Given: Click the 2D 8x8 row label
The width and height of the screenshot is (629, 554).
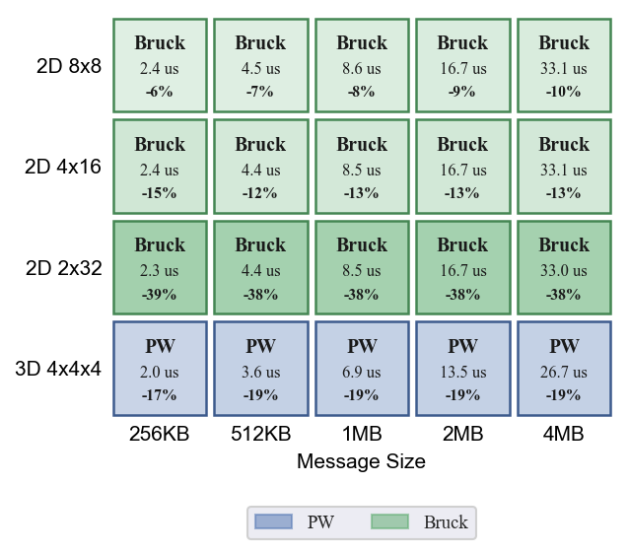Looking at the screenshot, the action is click(69, 66).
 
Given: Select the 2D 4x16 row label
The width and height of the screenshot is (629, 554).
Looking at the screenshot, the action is click(62, 167).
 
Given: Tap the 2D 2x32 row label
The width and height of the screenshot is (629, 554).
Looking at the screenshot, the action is click(63, 268).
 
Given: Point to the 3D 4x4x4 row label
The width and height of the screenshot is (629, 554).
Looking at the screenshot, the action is click(58, 369).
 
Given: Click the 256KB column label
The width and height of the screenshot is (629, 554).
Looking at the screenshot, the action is click(160, 434).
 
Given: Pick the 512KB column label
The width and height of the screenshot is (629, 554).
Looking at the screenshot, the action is click(260, 434).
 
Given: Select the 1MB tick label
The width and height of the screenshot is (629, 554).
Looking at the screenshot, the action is click(362, 434).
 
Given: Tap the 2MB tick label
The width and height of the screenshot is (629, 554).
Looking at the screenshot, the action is click(463, 434).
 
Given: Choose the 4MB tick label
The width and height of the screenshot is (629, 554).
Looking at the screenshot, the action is click(564, 434).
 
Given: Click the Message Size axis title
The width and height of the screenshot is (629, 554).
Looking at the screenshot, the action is click(361, 461).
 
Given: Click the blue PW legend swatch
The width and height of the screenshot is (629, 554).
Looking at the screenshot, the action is click(273, 521).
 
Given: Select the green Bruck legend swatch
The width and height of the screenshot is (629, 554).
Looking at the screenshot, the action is click(389, 521).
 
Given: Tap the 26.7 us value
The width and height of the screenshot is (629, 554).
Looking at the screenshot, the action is click(564, 373).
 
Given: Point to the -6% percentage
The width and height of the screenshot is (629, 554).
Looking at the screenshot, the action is click(160, 92).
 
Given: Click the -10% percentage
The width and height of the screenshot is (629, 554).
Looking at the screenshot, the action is click(563, 92).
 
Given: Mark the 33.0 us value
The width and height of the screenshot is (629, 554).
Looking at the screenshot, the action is click(564, 271).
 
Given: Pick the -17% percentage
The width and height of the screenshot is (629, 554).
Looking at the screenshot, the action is click(159, 395).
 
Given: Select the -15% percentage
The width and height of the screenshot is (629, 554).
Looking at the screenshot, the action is click(159, 193).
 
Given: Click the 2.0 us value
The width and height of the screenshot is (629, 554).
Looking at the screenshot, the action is click(160, 373).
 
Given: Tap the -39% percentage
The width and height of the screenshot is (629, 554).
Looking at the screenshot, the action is click(159, 295).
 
